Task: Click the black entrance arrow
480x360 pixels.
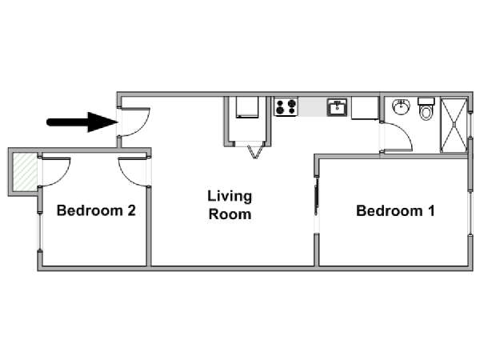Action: click(x=82, y=122)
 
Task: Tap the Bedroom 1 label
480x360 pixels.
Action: click(x=395, y=210)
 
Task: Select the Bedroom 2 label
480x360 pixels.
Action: click(x=96, y=210)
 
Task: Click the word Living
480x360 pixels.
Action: click(x=230, y=197)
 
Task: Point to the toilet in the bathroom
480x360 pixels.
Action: click(x=426, y=109)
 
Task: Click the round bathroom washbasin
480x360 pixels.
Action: click(x=401, y=106)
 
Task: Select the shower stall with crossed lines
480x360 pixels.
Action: click(x=454, y=126)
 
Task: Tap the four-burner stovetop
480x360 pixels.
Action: click(x=286, y=106)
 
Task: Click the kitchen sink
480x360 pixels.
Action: click(x=337, y=107)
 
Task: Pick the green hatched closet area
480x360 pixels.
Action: click(x=26, y=172)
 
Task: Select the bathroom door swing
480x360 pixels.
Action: click(x=398, y=137)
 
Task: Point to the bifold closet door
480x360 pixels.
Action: click(x=255, y=152)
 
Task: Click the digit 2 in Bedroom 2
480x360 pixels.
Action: click(x=131, y=210)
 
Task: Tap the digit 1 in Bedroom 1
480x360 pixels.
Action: click(x=432, y=210)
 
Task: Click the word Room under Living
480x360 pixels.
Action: click(x=230, y=214)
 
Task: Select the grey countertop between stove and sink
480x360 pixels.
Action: click(x=312, y=106)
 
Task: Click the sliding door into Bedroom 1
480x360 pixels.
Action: click(x=317, y=196)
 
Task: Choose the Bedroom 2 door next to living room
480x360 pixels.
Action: click(x=133, y=172)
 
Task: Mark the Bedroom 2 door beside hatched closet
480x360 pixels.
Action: click(x=56, y=172)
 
